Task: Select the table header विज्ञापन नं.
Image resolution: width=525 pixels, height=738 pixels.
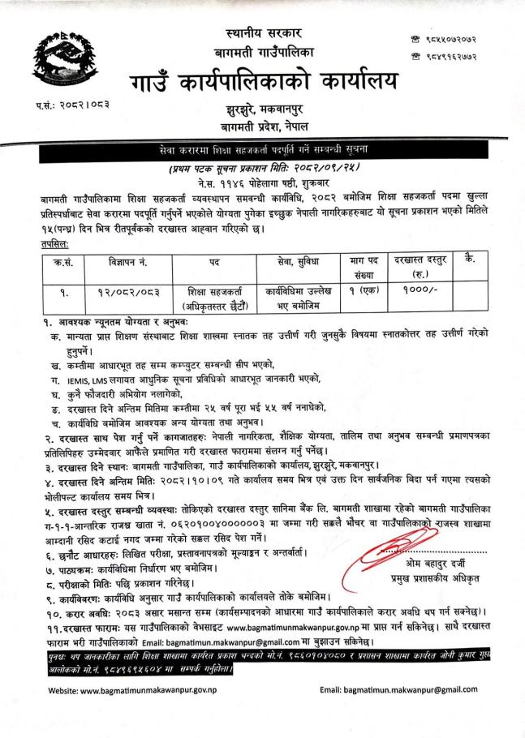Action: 113,261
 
